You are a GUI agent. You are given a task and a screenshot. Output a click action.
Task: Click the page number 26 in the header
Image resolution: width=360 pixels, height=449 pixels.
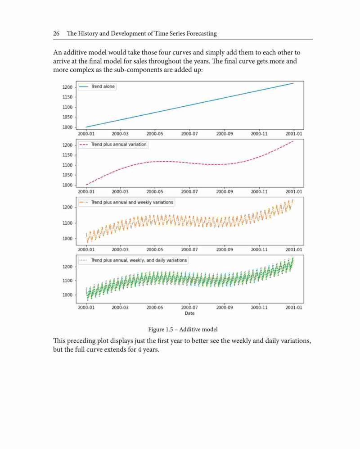(x=56, y=33)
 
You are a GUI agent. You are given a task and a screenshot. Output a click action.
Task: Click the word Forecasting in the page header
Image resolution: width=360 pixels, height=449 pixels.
(x=202, y=33)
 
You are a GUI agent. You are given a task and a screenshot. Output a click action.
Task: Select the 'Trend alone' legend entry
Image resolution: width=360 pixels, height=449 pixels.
(x=97, y=86)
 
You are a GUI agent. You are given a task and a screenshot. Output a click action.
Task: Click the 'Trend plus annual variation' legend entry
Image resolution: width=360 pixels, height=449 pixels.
(x=113, y=145)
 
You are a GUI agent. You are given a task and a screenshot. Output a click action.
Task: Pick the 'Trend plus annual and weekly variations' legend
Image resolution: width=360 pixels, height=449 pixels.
(x=126, y=203)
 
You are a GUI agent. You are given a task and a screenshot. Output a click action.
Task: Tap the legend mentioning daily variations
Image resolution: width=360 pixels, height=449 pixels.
(x=133, y=260)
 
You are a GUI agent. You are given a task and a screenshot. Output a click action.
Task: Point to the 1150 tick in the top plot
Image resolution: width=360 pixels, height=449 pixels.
(x=67, y=97)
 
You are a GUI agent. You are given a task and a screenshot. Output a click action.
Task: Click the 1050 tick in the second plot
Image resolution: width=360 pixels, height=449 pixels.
(x=67, y=175)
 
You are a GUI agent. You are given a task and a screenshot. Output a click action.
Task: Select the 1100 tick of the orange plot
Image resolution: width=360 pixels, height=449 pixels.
(x=67, y=223)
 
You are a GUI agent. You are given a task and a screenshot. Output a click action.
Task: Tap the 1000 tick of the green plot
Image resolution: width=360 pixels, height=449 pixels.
(x=67, y=295)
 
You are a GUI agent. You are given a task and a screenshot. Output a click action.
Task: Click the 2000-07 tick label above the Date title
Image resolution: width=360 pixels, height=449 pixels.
(x=189, y=308)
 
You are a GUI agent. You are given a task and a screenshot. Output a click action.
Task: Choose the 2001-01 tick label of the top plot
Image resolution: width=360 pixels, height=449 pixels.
(x=293, y=134)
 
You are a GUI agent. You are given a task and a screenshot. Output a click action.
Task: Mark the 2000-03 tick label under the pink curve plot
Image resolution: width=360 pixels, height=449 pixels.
(x=120, y=191)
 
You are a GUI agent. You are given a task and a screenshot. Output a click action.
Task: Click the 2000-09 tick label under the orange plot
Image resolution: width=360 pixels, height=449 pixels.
(x=225, y=249)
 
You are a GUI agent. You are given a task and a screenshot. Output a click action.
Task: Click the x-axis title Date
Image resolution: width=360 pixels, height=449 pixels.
(x=189, y=313)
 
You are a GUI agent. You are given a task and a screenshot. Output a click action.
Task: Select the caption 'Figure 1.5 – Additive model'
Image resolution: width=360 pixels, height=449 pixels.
(x=183, y=330)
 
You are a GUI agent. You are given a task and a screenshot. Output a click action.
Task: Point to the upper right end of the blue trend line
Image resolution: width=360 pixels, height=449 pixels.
(x=293, y=83)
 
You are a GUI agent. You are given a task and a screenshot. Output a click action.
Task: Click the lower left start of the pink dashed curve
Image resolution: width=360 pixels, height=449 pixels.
(x=86, y=185)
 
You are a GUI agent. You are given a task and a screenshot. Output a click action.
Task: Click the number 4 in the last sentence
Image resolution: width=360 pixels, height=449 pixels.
(x=140, y=349)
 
